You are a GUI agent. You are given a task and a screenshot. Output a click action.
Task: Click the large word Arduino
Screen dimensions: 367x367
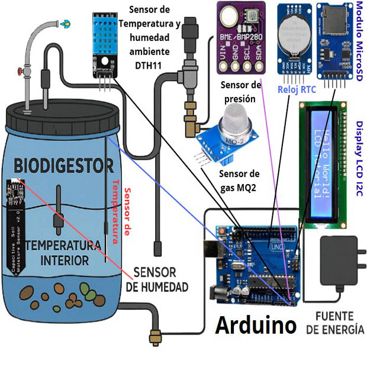(255, 325)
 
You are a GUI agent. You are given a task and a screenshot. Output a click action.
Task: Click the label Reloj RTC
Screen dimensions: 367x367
(297, 89)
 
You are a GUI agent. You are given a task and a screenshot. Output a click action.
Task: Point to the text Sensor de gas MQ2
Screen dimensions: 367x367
(239, 181)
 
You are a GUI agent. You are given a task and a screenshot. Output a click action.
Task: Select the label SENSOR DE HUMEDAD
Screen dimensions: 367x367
(157, 280)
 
